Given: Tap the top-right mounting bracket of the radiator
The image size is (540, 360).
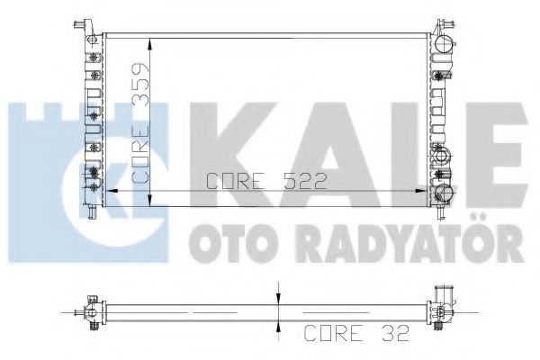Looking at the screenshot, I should [x=445, y=26].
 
